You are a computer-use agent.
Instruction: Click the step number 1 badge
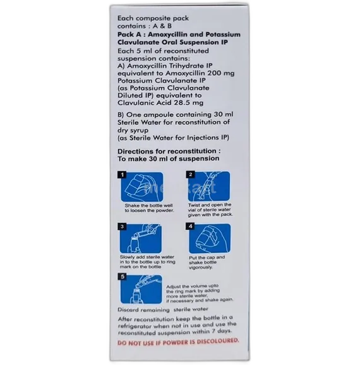coord(122,175)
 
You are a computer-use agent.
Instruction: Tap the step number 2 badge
coord(191,174)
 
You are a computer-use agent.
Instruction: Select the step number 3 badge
coord(122,227)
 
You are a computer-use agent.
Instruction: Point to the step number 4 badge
coord(190,226)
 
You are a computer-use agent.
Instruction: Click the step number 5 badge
coord(123,277)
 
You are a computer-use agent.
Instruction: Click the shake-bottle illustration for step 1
coord(142,187)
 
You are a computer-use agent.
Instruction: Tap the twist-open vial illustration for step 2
coord(209,186)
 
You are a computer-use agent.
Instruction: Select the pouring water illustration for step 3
coord(141,238)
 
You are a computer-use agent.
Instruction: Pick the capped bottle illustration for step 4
coord(210,239)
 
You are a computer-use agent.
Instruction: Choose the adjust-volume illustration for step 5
coord(141,289)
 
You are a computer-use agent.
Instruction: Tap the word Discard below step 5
coord(128,310)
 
